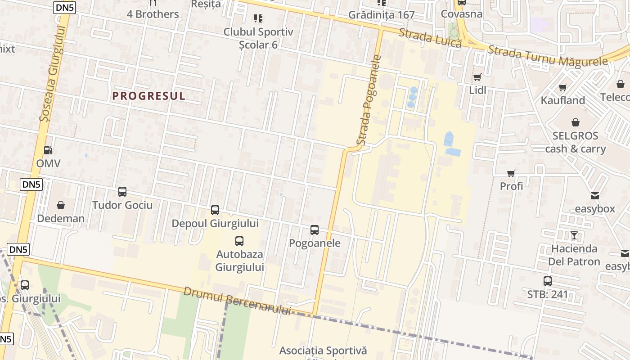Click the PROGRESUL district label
149,96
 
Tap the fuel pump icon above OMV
48,150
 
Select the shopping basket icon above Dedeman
61,205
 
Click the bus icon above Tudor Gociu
122,192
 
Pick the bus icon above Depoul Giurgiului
215,210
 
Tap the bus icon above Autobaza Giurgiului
239,241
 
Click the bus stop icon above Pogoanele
315,230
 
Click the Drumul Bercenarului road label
237,301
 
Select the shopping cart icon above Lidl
477,77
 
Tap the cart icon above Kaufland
562,87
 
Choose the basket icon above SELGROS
576,122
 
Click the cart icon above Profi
511,173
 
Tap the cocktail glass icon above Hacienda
574,235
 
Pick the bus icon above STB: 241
548,281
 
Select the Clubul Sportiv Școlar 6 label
258,38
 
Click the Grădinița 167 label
382,15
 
